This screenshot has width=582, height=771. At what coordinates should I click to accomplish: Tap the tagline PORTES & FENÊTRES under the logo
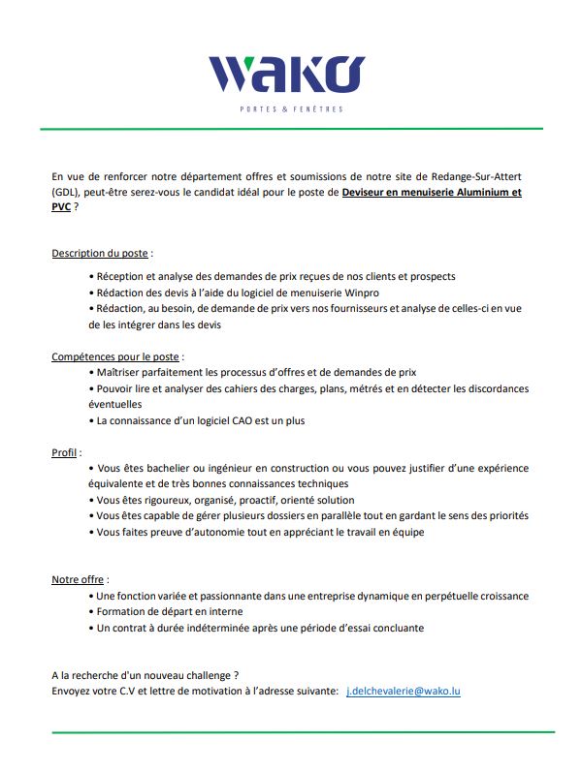[291, 108]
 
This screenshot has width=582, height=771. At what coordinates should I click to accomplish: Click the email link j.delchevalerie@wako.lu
[403, 691]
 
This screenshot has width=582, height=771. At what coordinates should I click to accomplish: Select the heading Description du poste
[100, 253]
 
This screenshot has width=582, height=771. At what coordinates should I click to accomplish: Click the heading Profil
[65, 452]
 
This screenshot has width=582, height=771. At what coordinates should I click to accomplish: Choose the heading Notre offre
[80, 579]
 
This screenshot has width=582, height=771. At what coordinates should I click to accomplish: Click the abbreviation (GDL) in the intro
[67, 192]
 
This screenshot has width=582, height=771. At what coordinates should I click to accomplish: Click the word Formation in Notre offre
[123, 611]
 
